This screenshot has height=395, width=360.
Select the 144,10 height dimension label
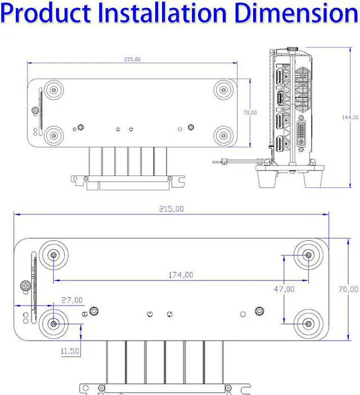tap(350, 117)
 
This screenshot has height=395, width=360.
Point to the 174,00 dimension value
tap(181, 275)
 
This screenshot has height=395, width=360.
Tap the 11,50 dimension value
tap(70, 351)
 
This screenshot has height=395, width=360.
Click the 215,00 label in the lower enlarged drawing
tap(172, 209)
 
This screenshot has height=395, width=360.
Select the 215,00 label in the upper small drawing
tap(132, 59)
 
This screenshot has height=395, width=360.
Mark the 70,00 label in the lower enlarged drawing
tap(349, 289)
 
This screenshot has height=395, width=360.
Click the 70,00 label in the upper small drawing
tap(250, 113)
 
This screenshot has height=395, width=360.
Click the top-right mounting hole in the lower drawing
tap(308, 255)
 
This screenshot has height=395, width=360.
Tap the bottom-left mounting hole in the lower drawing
tap(52, 323)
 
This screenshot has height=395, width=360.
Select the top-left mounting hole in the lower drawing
tap(52, 255)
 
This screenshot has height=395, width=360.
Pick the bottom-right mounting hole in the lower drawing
tap(308, 323)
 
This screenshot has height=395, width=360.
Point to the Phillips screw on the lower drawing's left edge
tap(25, 285)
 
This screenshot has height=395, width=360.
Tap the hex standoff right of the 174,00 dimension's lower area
tap(259, 310)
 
